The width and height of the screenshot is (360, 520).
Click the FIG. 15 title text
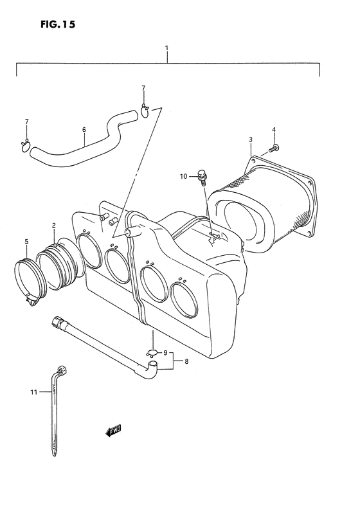coord(58,24)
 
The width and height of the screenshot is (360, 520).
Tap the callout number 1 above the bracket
coord(167,48)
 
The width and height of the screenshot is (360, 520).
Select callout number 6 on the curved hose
coord(84,129)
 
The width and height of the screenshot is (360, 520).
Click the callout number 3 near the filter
coord(251,139)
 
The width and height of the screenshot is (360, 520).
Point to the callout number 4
coord(274,129)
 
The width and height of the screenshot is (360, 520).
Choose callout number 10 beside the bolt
coord(184,176)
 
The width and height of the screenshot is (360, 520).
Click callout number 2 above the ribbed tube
coord(54,226)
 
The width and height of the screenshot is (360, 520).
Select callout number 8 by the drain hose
coord(186,361)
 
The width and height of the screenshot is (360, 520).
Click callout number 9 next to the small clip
coord(165,352)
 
